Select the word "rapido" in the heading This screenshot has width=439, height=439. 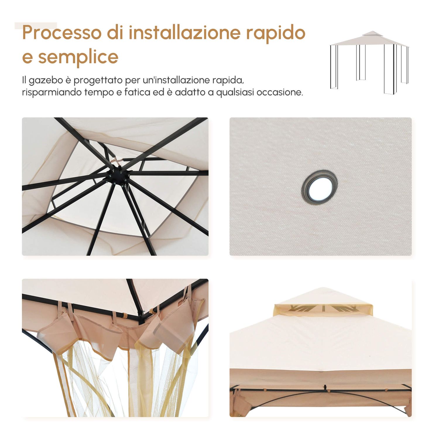click(275, 33)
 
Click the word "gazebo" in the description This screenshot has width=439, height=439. click(46, 80)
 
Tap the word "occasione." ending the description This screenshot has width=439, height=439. click(279, 92)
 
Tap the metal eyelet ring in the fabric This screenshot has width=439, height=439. click(319, 187)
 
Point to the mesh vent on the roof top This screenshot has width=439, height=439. click(323, 309)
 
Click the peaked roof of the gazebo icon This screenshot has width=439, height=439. click(369, 40)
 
